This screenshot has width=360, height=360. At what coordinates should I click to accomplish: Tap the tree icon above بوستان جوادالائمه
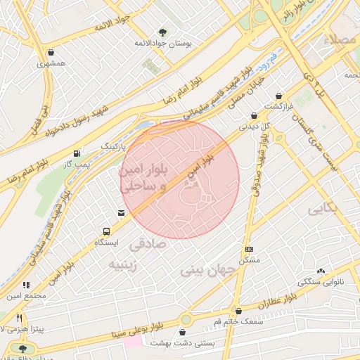tap(163, 32)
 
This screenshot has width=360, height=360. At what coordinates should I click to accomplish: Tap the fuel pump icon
tap(76, 153)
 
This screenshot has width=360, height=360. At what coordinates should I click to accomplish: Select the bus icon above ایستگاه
tap(106, 231)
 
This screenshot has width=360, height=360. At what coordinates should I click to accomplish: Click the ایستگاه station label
tap(107, 242)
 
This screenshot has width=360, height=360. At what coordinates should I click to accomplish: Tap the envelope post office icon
tap(122, 212)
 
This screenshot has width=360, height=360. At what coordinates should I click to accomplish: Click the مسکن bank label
tap(250, 259)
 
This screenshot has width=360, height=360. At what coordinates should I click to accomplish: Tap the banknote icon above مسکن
tap(249, 249)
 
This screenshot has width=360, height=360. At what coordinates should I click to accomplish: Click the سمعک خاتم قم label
tap(239, 321)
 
